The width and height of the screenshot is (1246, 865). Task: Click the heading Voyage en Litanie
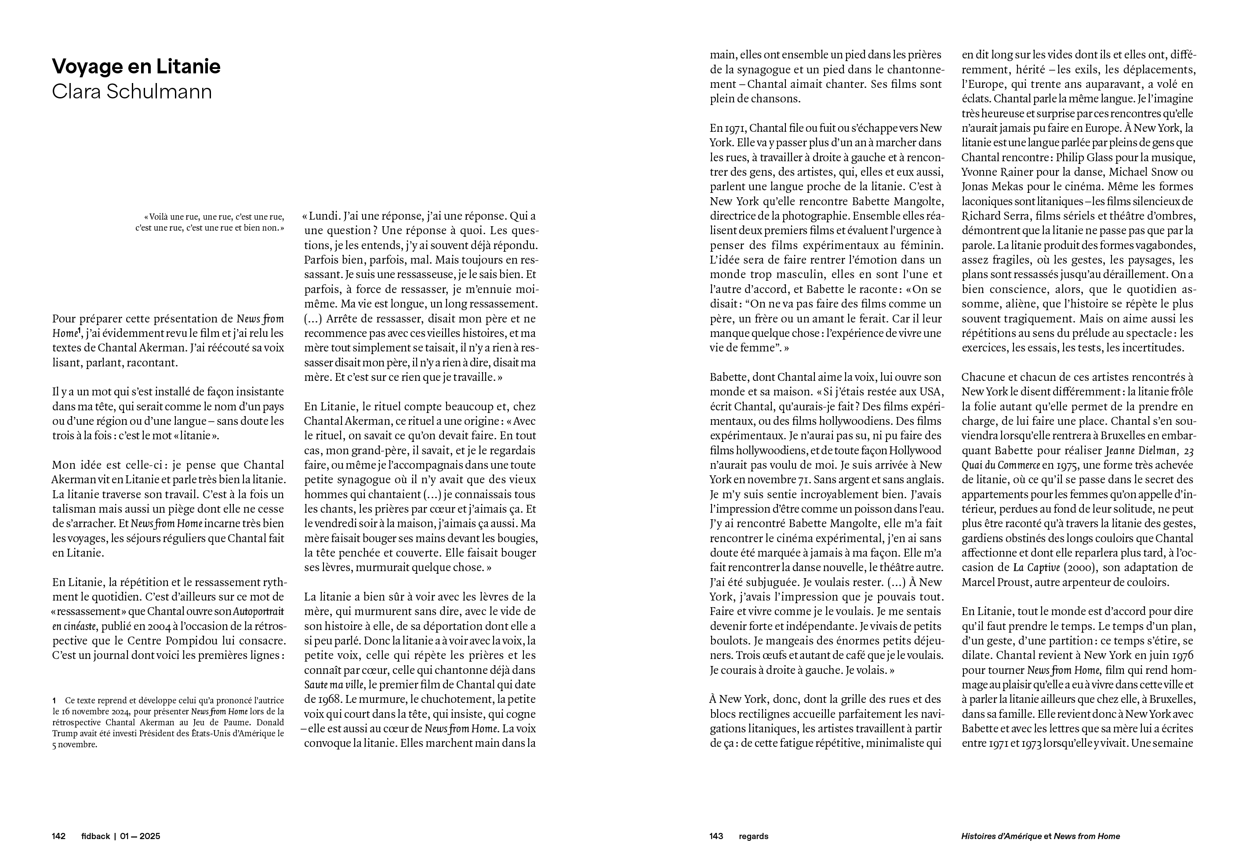136,67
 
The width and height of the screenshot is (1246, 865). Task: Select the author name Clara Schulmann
132,91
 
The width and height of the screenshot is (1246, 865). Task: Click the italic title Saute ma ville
334,684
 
